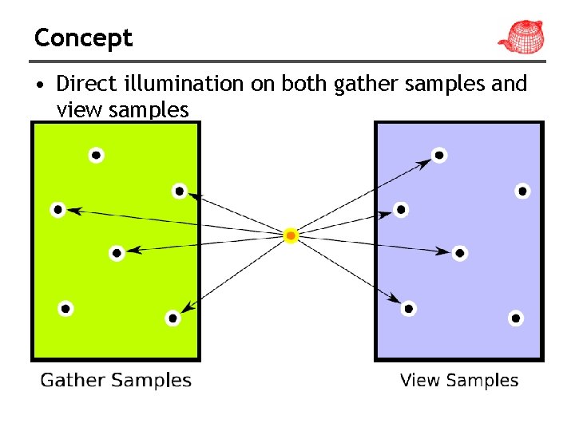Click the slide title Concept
click(x=83, y=38)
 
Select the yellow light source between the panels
click(x=291, y=235)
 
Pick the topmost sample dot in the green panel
click(x=96, y=155)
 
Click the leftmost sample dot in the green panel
click(x=57, y=210)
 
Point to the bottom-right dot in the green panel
click(x=172, y=318)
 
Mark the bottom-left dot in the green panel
click(x=65, y=308)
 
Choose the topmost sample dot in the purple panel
click(x=439, y=155)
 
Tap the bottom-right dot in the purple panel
click(x=516, y=318)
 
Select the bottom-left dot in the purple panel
click(x=409, y=308)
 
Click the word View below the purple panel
click(x=418, y=380)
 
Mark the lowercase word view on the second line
click(x=79, y=109)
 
